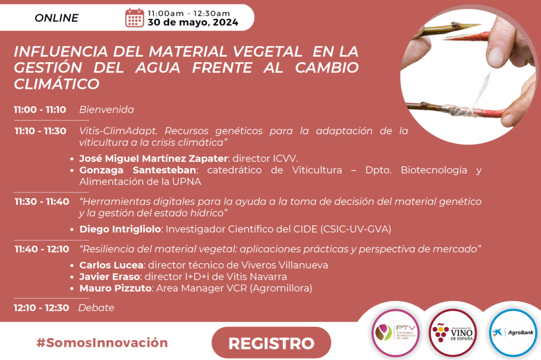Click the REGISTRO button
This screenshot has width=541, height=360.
point(271,343)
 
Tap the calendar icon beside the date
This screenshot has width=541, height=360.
point(135,17)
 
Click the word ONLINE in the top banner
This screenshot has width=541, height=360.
point(57,18)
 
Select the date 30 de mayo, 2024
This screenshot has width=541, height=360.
point(193,22)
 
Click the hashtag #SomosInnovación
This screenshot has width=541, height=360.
point(102,343)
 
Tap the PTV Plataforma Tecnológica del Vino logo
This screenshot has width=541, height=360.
point(396,333)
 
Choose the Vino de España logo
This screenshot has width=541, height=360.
point(453,333)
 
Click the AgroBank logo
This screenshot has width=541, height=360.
point(513,333)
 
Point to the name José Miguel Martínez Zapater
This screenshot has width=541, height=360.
point(154,159)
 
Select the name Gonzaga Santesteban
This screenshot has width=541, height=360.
point(138,170)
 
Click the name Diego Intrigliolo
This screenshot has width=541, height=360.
point(120,229)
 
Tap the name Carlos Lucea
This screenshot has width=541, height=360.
point(111,265)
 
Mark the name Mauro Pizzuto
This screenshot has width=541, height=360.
point(116,288)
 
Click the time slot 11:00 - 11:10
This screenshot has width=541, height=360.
point(40,110)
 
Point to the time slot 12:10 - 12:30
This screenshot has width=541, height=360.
point(41,308)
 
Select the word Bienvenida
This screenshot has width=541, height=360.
point(107,110)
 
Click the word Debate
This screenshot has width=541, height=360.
point(96,308)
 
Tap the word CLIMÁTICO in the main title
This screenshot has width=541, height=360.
point(57,84)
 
